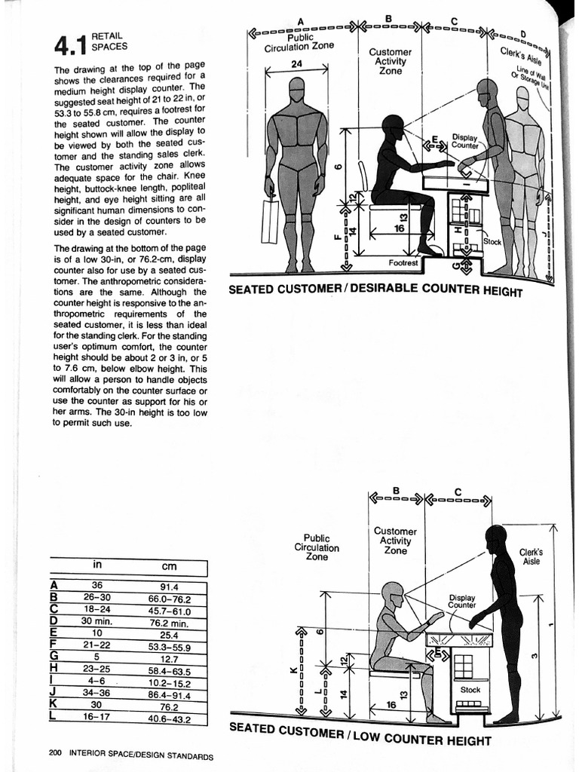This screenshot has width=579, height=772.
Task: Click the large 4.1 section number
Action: pos(69,44)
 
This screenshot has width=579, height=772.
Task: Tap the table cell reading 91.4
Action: pos(169,587)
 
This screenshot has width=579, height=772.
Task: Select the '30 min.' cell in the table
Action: pos(97,622)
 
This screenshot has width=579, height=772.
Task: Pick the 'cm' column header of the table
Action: pos(169,565)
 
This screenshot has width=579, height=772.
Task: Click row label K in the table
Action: pos(54,706)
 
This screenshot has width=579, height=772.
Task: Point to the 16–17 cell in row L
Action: pos(97,718)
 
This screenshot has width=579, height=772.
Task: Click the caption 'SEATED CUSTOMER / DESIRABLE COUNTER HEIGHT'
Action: pos(375,290)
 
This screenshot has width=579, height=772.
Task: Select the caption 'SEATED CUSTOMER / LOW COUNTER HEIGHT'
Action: pos(359,734)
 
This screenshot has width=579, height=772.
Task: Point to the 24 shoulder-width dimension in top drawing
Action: pos(296,65)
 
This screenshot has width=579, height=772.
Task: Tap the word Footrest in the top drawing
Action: pos(403,263)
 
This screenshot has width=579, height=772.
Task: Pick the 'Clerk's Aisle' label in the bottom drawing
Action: pos(531,556)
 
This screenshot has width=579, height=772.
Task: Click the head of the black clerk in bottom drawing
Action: pos(495,538)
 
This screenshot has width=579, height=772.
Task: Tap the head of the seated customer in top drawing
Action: pos(393,127)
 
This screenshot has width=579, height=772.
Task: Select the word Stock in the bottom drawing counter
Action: pos(470,689)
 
